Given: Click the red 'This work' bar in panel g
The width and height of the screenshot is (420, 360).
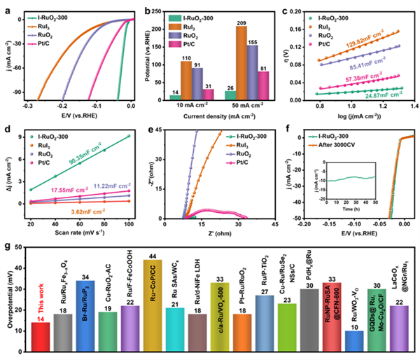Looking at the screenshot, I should (41, 327).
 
